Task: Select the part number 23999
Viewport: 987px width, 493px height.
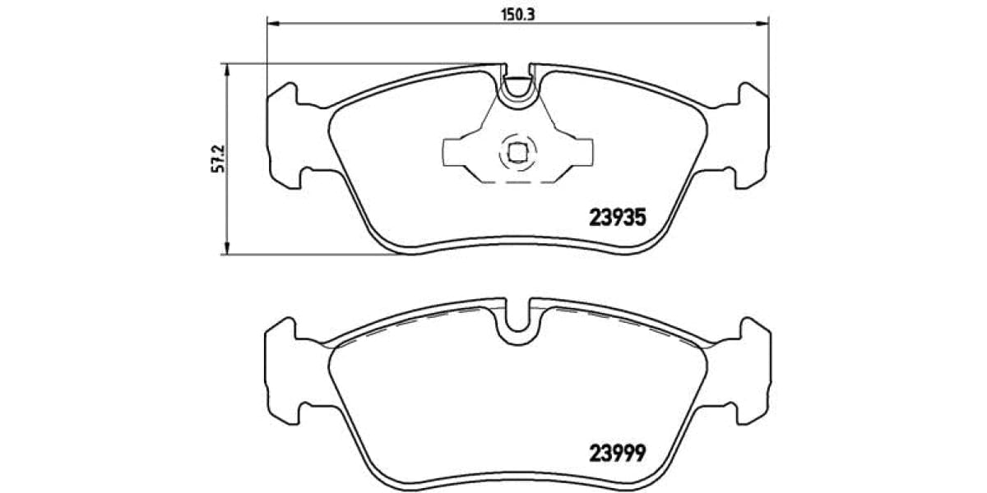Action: pyautogui.click(x=619, y=452)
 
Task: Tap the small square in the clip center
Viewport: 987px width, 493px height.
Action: pyautogui.click(x=517, y=152)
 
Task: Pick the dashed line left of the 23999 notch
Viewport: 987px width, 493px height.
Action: pyautogui.click(x=411, y=324)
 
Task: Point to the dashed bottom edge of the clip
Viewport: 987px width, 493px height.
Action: pyautogui.click(x=517, y=182)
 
